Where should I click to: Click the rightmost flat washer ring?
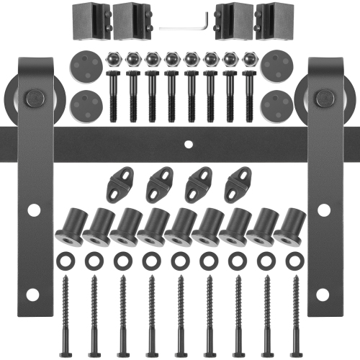(294, 257)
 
